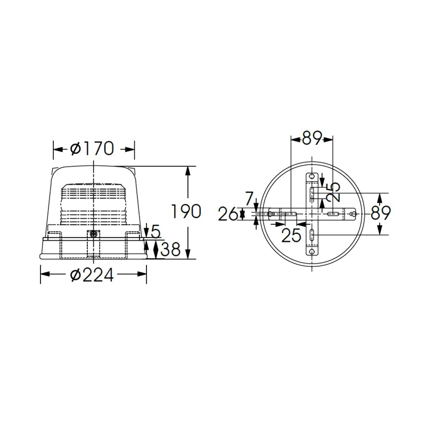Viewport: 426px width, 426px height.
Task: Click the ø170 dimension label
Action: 92,149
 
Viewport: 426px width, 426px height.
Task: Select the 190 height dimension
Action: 186,211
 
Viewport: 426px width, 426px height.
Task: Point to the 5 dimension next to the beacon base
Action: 155,231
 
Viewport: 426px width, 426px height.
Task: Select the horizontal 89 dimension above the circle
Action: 312,138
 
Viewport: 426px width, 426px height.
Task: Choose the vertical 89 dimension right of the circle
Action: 380,213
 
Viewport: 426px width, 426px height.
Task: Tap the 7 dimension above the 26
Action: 249,199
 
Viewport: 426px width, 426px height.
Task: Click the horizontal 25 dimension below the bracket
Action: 291,235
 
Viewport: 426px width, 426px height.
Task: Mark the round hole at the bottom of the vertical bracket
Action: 312,250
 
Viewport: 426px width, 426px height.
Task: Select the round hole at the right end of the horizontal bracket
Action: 354,214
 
